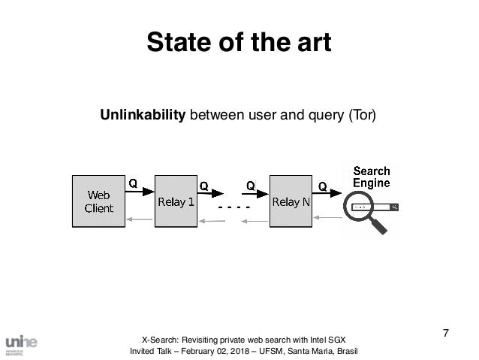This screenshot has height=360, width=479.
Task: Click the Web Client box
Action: [98, 201]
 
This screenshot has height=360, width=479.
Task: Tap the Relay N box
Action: [291, 201]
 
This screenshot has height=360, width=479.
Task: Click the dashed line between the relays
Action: [233, 206]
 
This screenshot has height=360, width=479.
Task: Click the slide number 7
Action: [446, 333]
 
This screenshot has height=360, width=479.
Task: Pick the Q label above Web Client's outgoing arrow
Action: [132, 182]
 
